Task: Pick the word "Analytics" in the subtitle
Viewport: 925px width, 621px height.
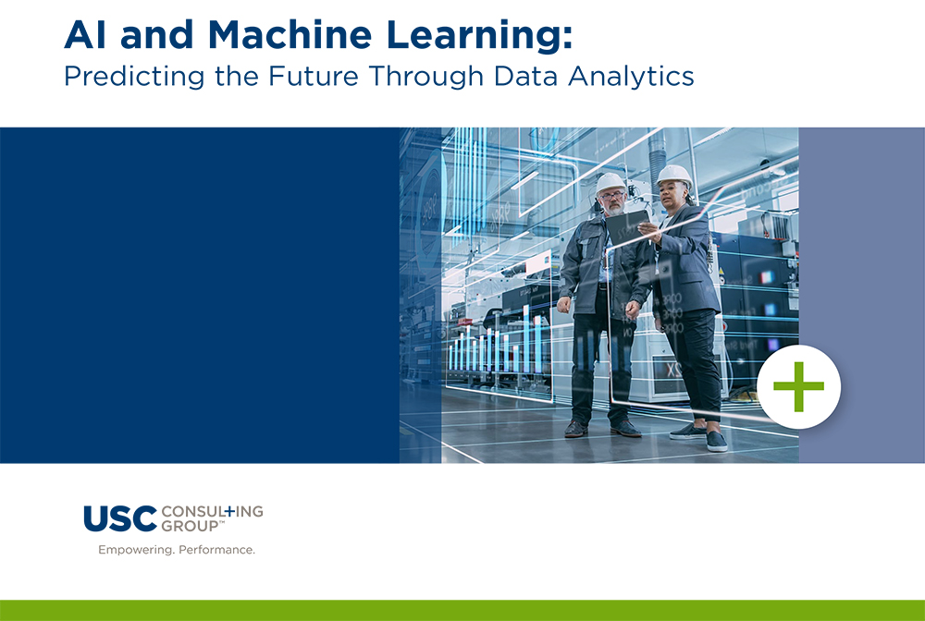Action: coord(636,76)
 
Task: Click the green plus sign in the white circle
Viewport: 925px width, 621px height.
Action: coord(798,386)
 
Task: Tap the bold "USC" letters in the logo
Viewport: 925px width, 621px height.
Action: coord(119,519)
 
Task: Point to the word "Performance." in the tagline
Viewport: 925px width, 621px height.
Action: coord(216,550)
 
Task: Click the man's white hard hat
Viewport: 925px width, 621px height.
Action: coord(610,181)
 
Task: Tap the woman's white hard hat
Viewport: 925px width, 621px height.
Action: coord(673,174)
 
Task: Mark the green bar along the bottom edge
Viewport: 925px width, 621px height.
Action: coord(462,610)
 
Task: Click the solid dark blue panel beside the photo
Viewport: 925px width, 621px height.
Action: coord(199,295)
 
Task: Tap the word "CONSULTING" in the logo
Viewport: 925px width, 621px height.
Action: coord(212,511)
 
